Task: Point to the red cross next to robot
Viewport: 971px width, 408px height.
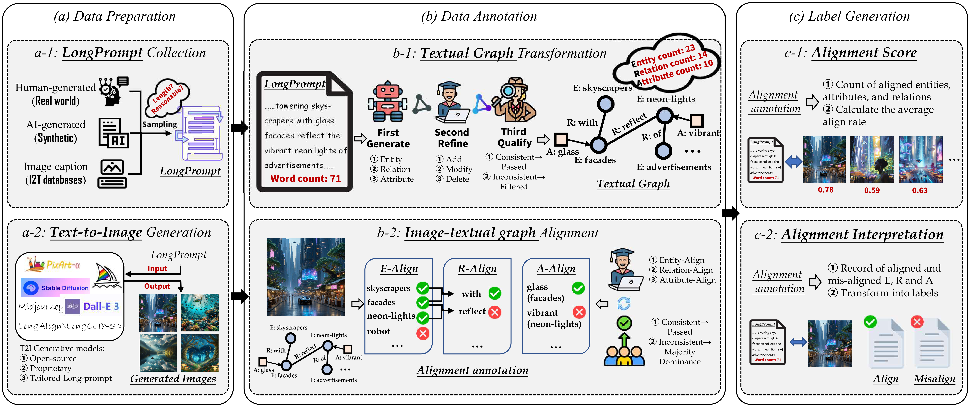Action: pos(423,333)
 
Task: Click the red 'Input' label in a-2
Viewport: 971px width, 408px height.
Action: pos(157,268)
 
